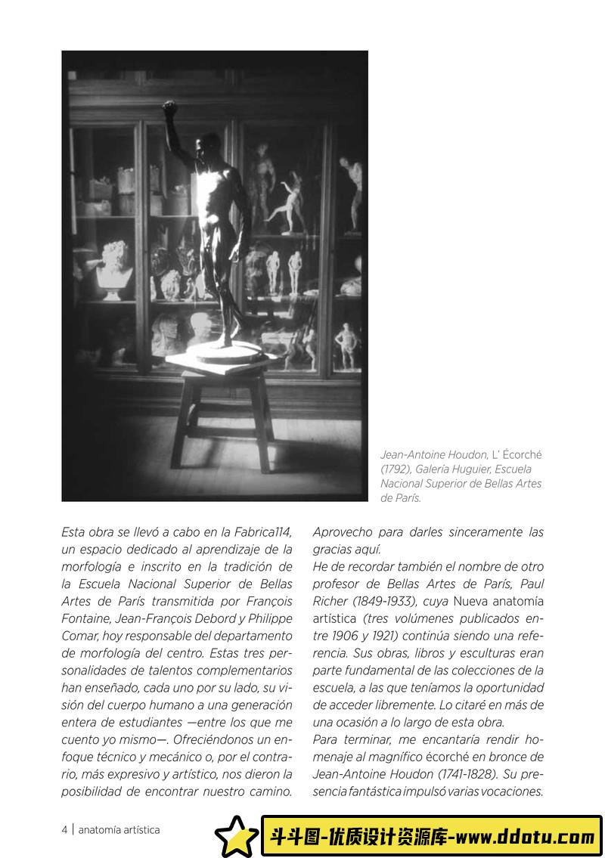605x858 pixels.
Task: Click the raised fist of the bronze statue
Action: click(169, 107)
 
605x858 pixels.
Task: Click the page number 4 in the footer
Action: click(65, 829)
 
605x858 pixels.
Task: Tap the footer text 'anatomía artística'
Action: click(119, 829)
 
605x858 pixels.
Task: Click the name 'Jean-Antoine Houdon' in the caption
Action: click(433, 454)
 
